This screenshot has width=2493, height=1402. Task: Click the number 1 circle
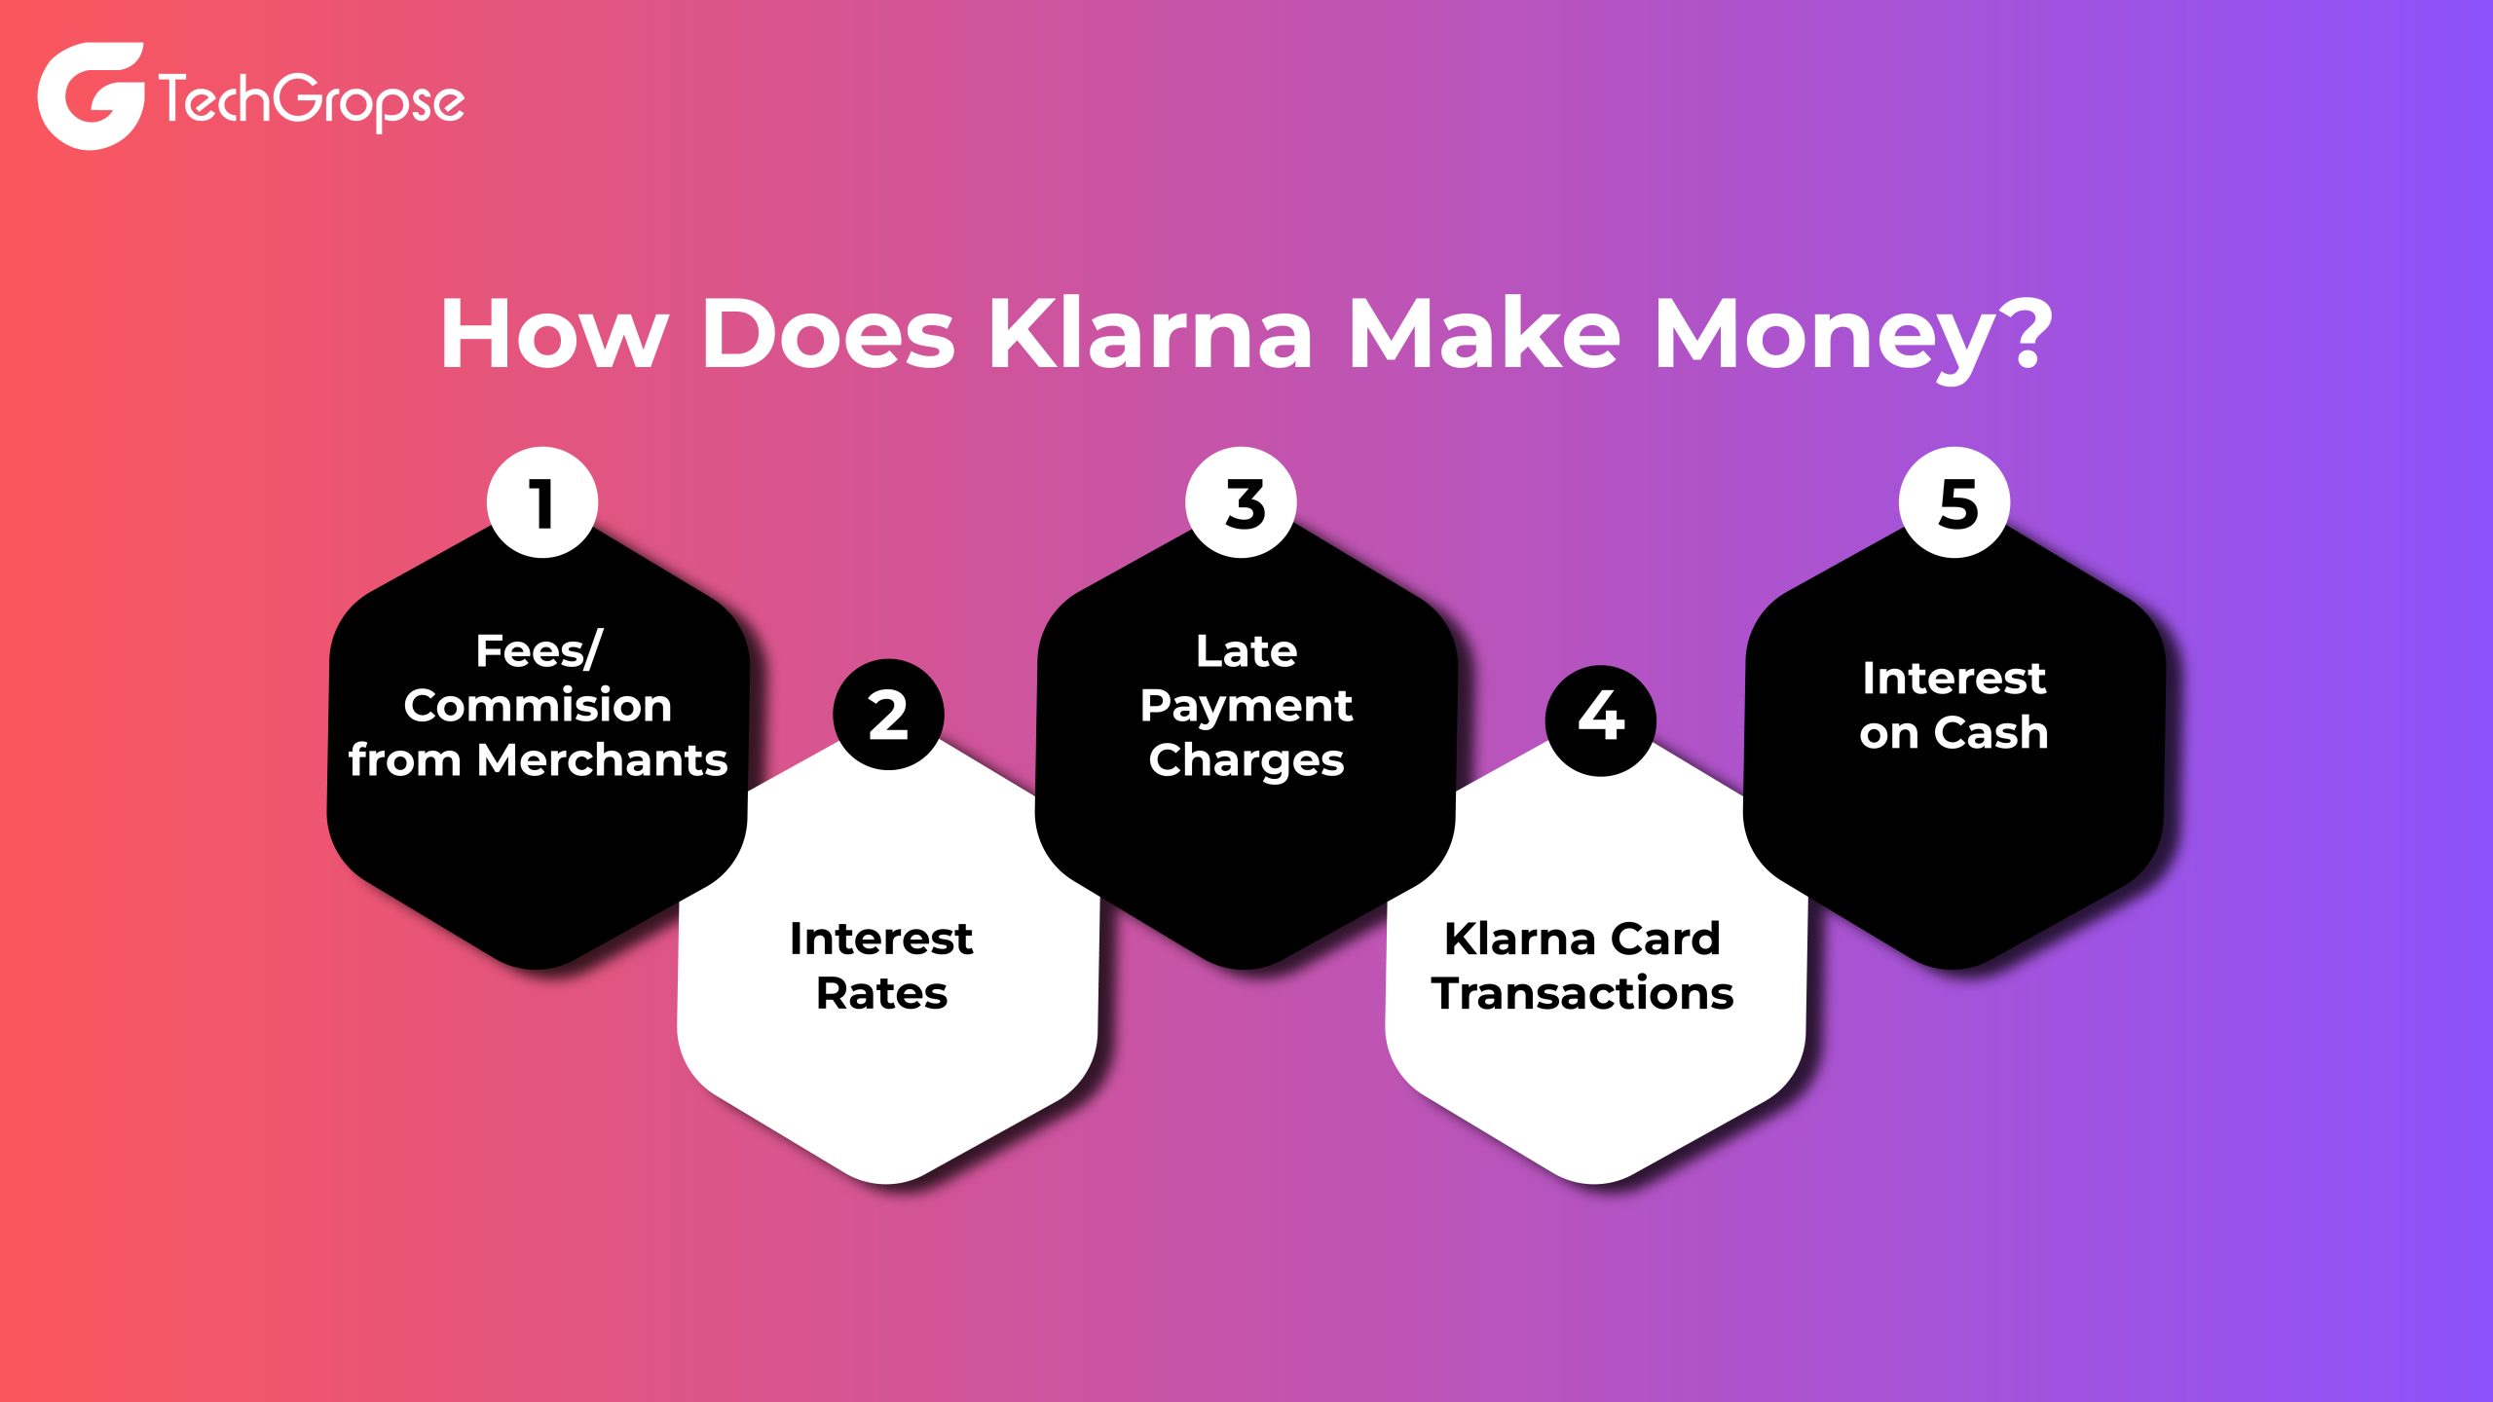pos(542,503)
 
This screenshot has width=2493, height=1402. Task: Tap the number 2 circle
pos(888,716)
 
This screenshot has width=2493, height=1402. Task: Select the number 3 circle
pos(1242,503)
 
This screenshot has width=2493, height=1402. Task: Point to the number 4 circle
pos(1601,719)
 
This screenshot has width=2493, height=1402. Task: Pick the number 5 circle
pos(1954,503)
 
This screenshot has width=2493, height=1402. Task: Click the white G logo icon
pos(91,95)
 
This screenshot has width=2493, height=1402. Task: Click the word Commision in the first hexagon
pos(538,706)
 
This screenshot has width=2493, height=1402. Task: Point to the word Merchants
pos(603,760)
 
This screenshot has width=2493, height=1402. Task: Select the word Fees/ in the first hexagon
pos(540,650)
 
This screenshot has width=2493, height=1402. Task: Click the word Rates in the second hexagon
pos(881,994)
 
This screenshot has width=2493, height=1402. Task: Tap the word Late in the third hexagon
pos(1246,650)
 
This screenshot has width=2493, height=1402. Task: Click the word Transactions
pos(1582,994)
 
